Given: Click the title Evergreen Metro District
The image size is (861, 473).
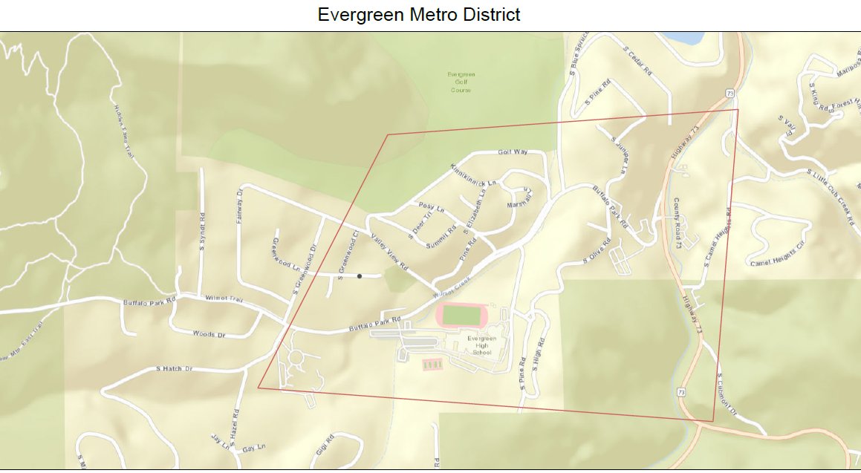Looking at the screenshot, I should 418,14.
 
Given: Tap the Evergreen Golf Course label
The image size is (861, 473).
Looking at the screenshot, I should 461,82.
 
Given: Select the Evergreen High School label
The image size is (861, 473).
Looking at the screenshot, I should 481,345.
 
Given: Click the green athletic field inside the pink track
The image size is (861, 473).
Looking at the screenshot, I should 461,315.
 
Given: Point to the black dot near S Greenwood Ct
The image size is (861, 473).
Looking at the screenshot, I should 360,276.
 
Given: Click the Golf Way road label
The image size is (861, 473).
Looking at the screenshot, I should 513,151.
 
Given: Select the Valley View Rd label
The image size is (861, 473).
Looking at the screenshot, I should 389,252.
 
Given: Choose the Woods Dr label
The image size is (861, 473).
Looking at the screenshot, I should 209,334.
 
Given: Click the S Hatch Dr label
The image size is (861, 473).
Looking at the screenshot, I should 175,368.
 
